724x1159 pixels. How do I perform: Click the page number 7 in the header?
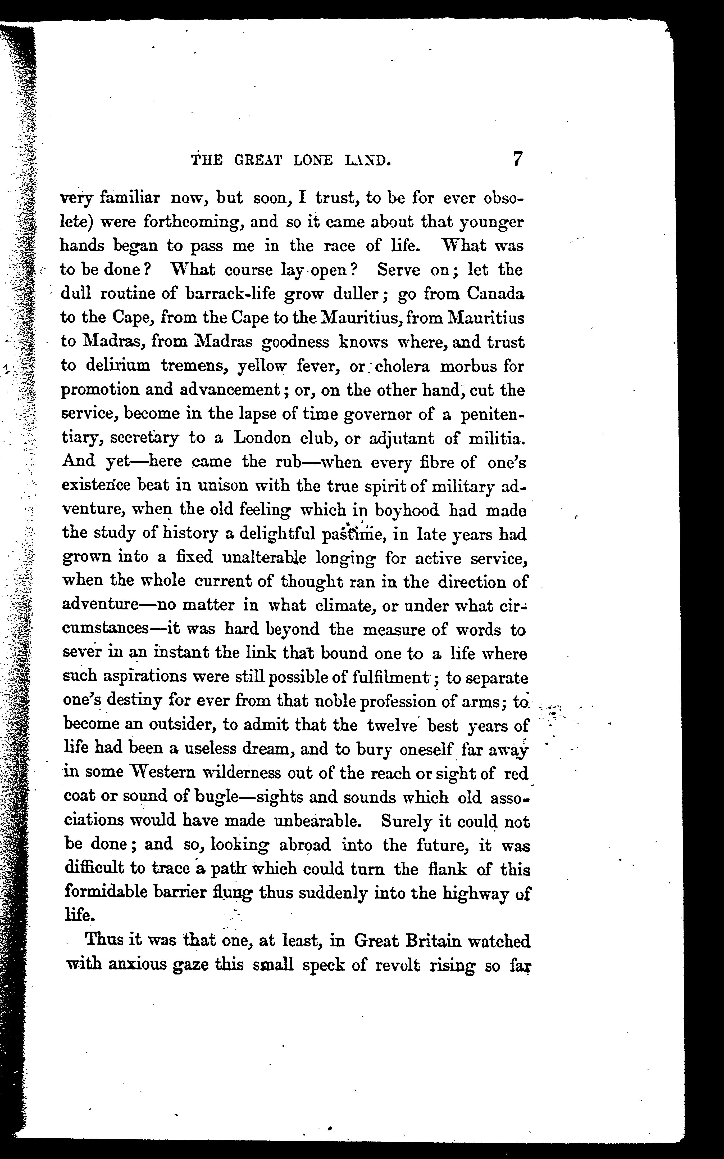coord(517,159)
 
